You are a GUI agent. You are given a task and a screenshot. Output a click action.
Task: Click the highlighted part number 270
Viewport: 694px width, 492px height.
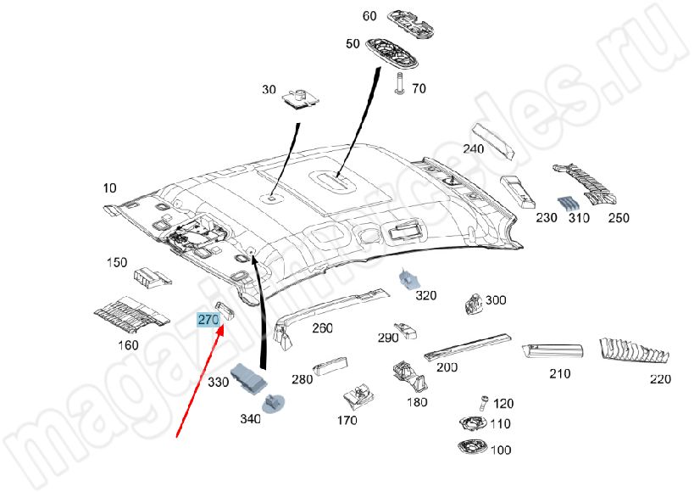pyautogui.click(x=208, y=319)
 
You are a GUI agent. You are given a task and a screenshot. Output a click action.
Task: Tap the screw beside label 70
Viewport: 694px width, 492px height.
pyautogui.click(x=398, y=82)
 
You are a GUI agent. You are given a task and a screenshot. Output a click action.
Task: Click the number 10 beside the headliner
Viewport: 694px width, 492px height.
pyautogui.click(x=110, y=187)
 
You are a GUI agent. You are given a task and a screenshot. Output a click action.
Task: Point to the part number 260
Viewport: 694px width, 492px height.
pyautogui.click(x=323, y=328)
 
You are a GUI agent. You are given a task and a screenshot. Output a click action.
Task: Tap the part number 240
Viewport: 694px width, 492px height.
pyautogui.click(x=473, y=149)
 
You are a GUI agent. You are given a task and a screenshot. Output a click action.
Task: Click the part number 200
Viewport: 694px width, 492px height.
pyautogui.click(x=447, y=366)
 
